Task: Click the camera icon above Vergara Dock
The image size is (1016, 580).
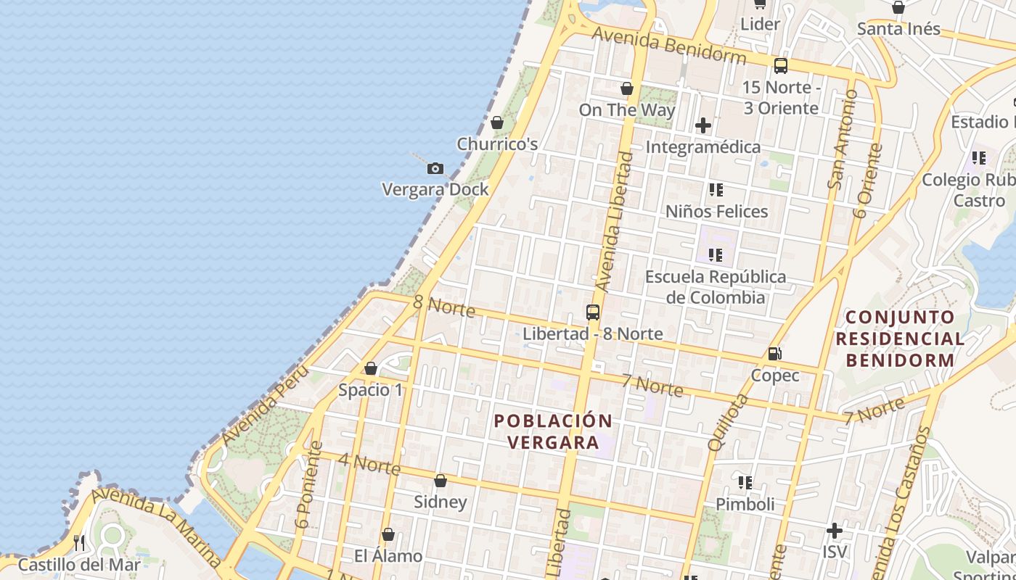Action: tap(435, 169)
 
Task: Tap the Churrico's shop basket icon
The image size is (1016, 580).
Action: tap(497, 123)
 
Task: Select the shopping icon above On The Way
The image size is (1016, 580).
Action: tap(627, 89)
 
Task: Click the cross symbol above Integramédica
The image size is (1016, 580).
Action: tap(702, 126)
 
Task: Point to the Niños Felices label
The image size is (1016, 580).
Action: tap(716, 212)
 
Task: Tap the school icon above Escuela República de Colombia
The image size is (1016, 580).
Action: tap(716, 255)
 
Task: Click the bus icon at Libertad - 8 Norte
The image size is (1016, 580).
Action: tap(593, 312)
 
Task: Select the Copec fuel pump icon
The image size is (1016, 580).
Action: tap(775, 354)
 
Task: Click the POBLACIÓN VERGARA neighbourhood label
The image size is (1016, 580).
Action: tap(553, 431)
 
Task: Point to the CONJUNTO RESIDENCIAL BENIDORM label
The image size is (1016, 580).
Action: tap(900, 338)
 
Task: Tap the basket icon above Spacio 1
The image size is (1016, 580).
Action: tap(371, 369)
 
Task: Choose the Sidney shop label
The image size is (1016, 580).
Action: tap(441, 502)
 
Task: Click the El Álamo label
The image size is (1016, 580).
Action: tap(388, 556)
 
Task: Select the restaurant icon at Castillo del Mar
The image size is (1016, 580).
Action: tap(79, 542)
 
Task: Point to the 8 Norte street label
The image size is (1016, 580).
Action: tap(444, 306)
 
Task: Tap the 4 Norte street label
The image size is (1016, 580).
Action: tap(369, 464)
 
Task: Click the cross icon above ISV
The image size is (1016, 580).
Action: tap(835, 531)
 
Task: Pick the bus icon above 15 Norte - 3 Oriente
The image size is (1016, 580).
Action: tap(781, 66)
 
